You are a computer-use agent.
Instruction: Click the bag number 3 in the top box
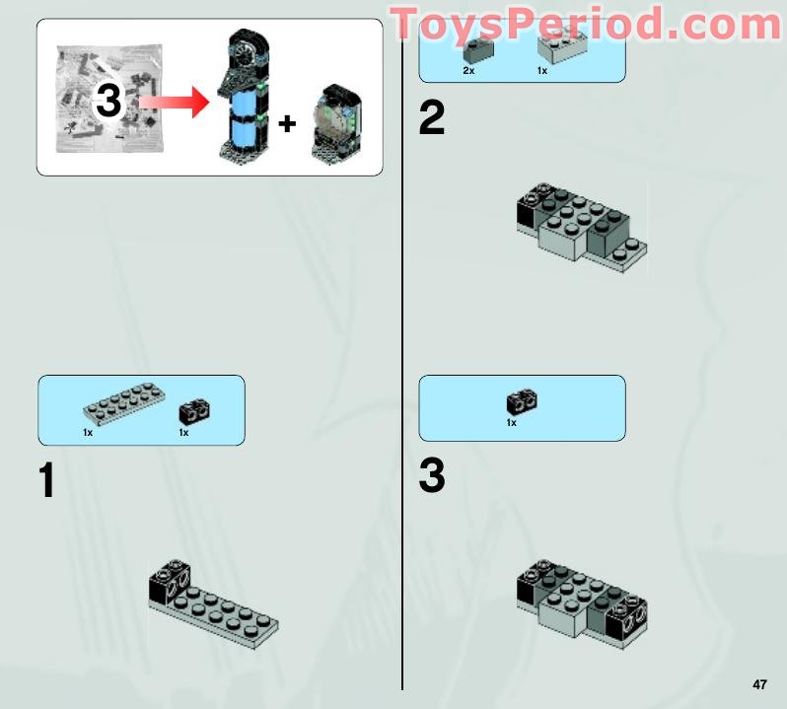coord(109,104)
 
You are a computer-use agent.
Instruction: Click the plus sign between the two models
coord(286,123)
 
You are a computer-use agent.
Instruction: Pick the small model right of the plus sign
coord(334,126)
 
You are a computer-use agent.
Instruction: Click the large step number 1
coord(46,480)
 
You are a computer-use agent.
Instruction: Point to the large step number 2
coord(432,119)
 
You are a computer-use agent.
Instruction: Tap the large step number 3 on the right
coord(432,477)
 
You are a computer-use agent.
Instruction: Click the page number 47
coord(758,684)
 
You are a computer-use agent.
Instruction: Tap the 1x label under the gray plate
coord(88,433)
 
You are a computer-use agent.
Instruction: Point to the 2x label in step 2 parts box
coord(468,71)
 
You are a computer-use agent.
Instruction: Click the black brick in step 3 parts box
coord(521,401)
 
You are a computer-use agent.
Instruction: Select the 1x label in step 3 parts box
coord(511,423)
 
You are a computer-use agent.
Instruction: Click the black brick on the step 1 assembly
coord(169,583)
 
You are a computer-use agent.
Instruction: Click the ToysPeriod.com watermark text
coord(587,25)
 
